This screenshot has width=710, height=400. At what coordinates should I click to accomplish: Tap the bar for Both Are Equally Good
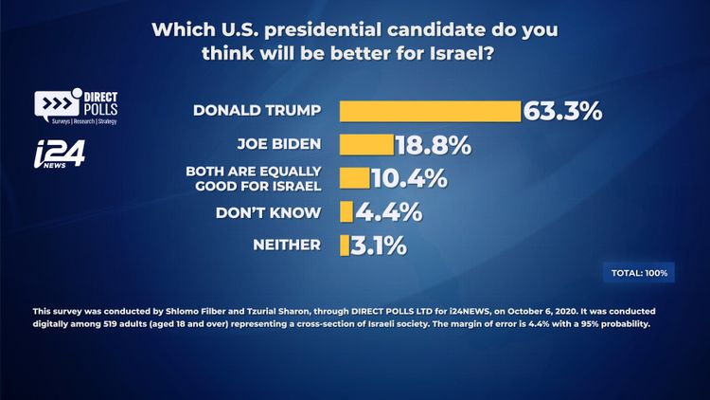point(354,178)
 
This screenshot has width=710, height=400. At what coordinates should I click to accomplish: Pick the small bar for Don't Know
point(346,211)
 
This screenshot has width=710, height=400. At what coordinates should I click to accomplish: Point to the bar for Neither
point(345,245)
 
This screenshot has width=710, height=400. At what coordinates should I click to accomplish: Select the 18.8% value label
point(433,145)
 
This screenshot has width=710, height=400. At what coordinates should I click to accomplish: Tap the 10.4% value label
point(409,178)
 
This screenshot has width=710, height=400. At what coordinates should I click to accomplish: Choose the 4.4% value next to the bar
point(388,212)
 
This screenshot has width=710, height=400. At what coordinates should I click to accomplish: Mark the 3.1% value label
point(380,245)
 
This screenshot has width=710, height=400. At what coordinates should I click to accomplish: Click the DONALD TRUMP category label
point(257,110)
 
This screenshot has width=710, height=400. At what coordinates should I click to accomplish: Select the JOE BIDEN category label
point(279,144)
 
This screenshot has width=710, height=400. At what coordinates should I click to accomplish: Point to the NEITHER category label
point(287,245)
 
